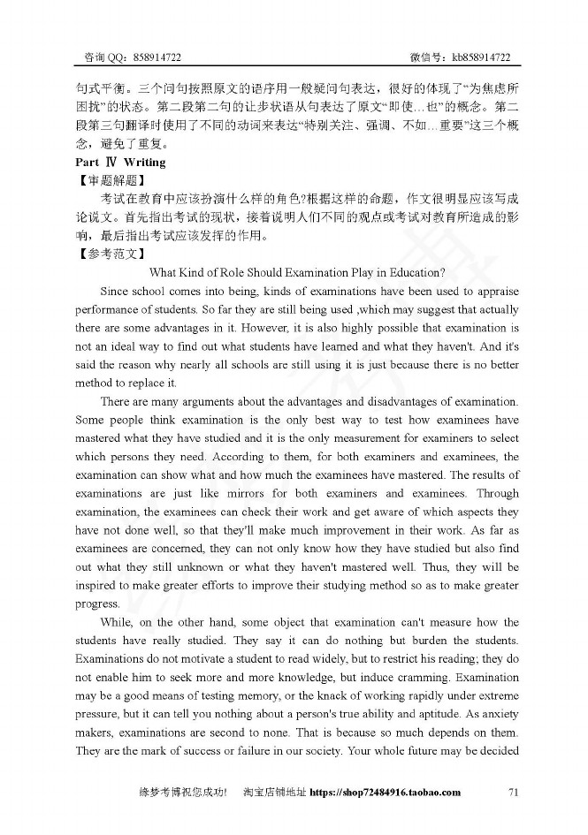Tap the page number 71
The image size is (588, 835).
tap(515, 793)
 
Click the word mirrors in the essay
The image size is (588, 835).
tap(255, 493)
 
